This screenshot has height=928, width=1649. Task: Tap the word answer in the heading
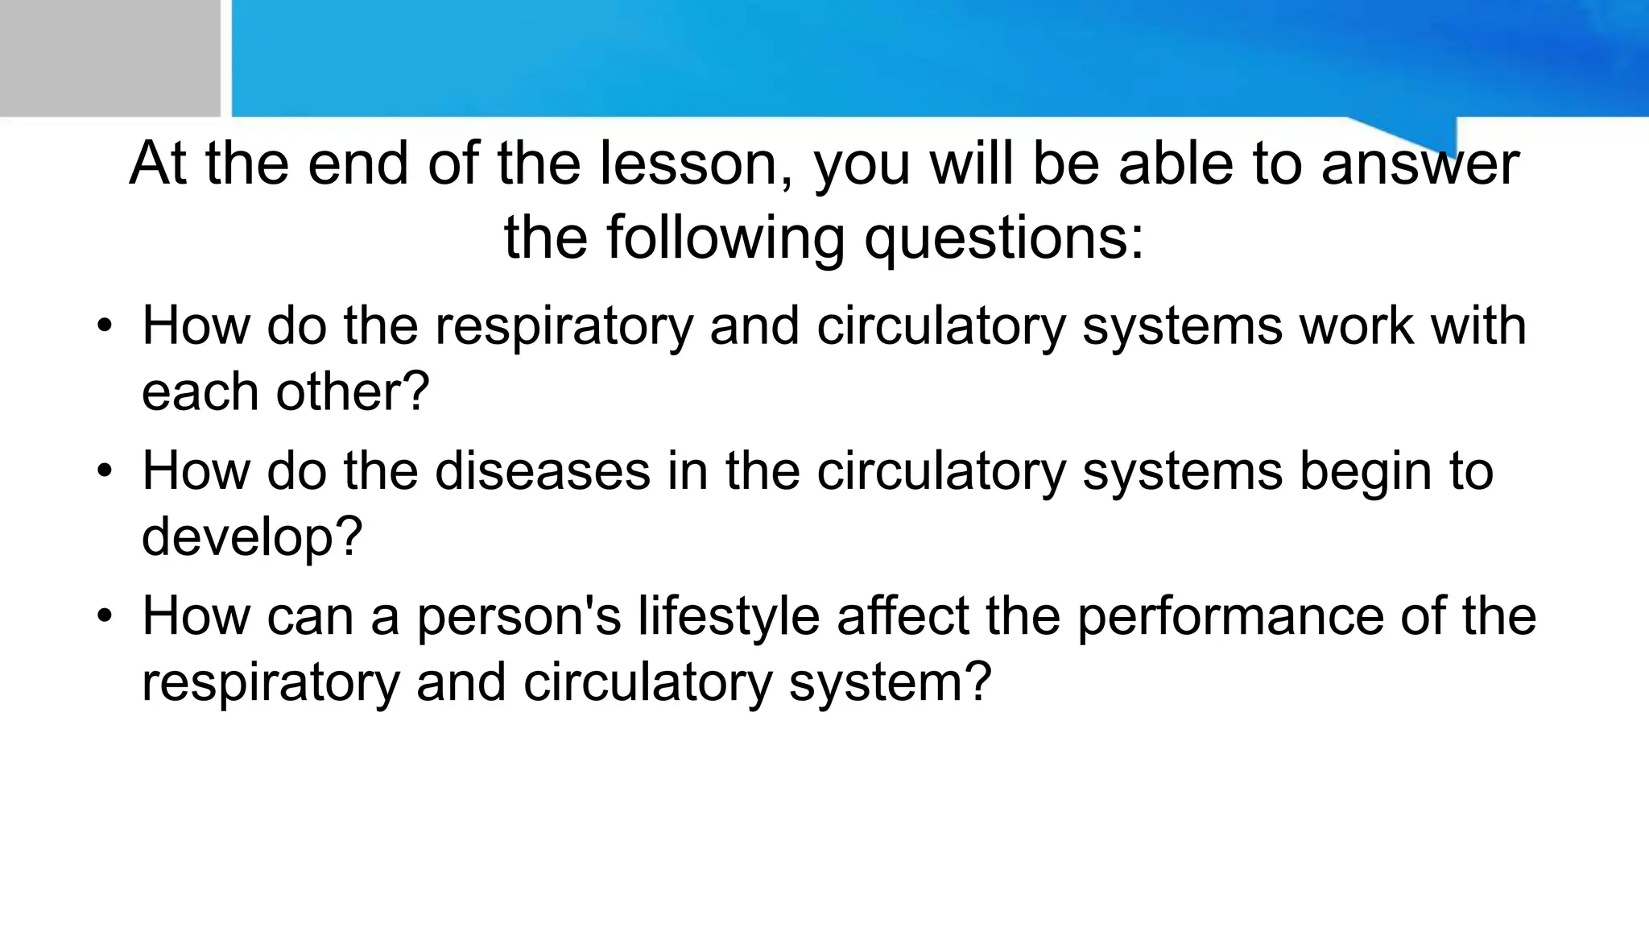1420,164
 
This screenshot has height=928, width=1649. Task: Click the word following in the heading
725,238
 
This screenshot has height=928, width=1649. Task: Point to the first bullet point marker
103,326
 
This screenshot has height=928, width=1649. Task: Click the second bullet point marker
103,471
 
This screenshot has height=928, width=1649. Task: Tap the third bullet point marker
103,616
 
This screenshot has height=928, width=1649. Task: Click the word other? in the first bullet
353,391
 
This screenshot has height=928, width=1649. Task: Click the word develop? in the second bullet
252,537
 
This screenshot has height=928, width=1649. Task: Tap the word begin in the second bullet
1365,471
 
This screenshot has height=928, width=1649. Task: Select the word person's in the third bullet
519,616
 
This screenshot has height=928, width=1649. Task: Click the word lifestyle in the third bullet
729,616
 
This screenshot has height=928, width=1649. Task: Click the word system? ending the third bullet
890,682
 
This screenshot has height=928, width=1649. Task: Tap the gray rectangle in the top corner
110,58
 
